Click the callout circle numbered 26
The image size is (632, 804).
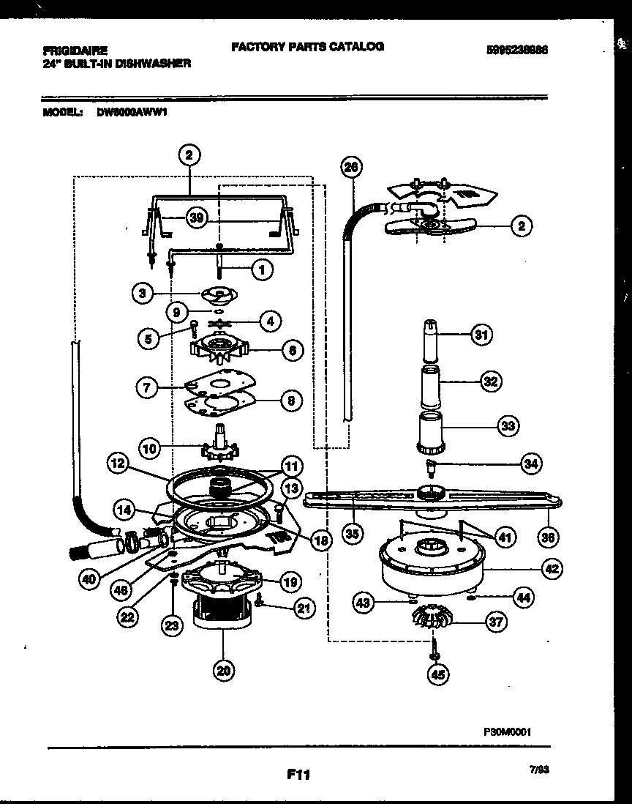point(351,167)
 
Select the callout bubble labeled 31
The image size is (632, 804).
point(481,335)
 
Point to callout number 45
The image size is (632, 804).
point(437,675)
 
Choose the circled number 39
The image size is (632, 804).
point(195,217)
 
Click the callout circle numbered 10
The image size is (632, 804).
point(150,447)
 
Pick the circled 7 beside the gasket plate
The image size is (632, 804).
point(148,387)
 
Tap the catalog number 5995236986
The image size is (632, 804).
point(517,51)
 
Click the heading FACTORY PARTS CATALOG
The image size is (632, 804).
point(307,46)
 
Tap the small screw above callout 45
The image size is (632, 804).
point(434,647)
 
